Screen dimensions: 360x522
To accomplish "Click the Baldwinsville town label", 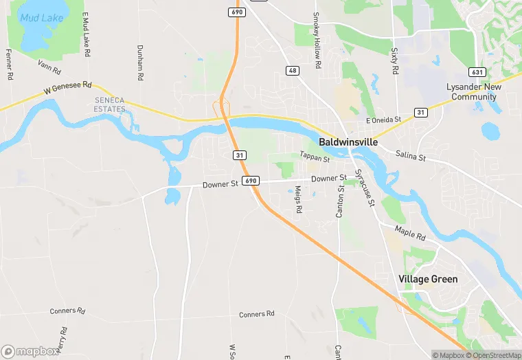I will (348, 142).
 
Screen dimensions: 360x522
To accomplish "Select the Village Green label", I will (428, 280).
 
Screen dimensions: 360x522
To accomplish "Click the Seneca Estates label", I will (110, 104).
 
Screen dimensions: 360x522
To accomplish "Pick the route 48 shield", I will (293, 71).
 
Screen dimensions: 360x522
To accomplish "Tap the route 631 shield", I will (477, 71).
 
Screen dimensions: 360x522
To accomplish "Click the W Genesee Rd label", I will (67, 89).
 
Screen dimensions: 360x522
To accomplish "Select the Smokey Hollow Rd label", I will (317, 40).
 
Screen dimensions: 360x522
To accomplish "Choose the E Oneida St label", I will (383, 120).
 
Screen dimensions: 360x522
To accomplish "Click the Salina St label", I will (411, 158).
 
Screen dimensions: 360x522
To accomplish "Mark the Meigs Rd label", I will (299, 200).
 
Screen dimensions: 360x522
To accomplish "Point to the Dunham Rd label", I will (139, 63).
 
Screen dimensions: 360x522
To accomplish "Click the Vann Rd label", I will (49, 68).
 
